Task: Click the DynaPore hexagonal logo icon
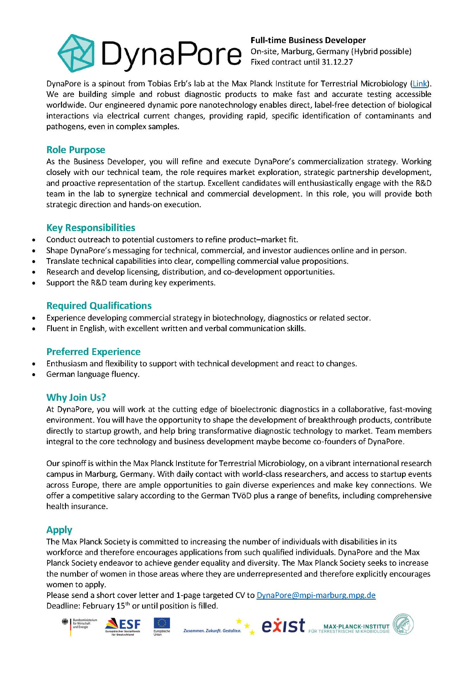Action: click(x=76, y=53)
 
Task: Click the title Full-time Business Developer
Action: click(x=308, y=40)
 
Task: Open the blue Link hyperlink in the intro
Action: click(x=420, y=83)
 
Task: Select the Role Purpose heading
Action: click(x=76, y=150)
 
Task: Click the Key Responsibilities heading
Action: click(x=91, y=228)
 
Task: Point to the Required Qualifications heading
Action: click(x=99, y=306)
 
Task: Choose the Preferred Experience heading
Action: click(x=93, y=352)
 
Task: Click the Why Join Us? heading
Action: click(x=76, y=397)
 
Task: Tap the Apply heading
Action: click(x=59, y=530)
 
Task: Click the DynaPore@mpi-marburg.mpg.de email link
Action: click(x=316, y=595)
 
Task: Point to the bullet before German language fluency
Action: click(x=33, y=375)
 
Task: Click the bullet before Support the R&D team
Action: click(x=33, y=283)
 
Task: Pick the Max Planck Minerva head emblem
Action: click(x=403, y=625)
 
